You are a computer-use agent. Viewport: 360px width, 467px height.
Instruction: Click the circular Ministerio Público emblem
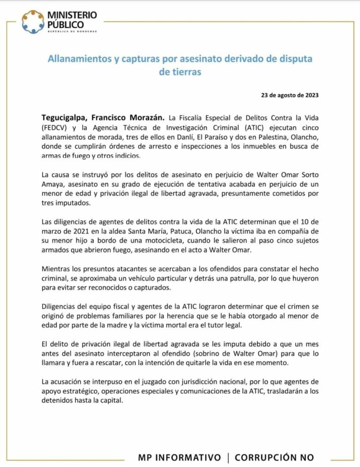pos(34,22)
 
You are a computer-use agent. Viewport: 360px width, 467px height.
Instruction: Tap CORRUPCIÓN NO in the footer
pos(275,457)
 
